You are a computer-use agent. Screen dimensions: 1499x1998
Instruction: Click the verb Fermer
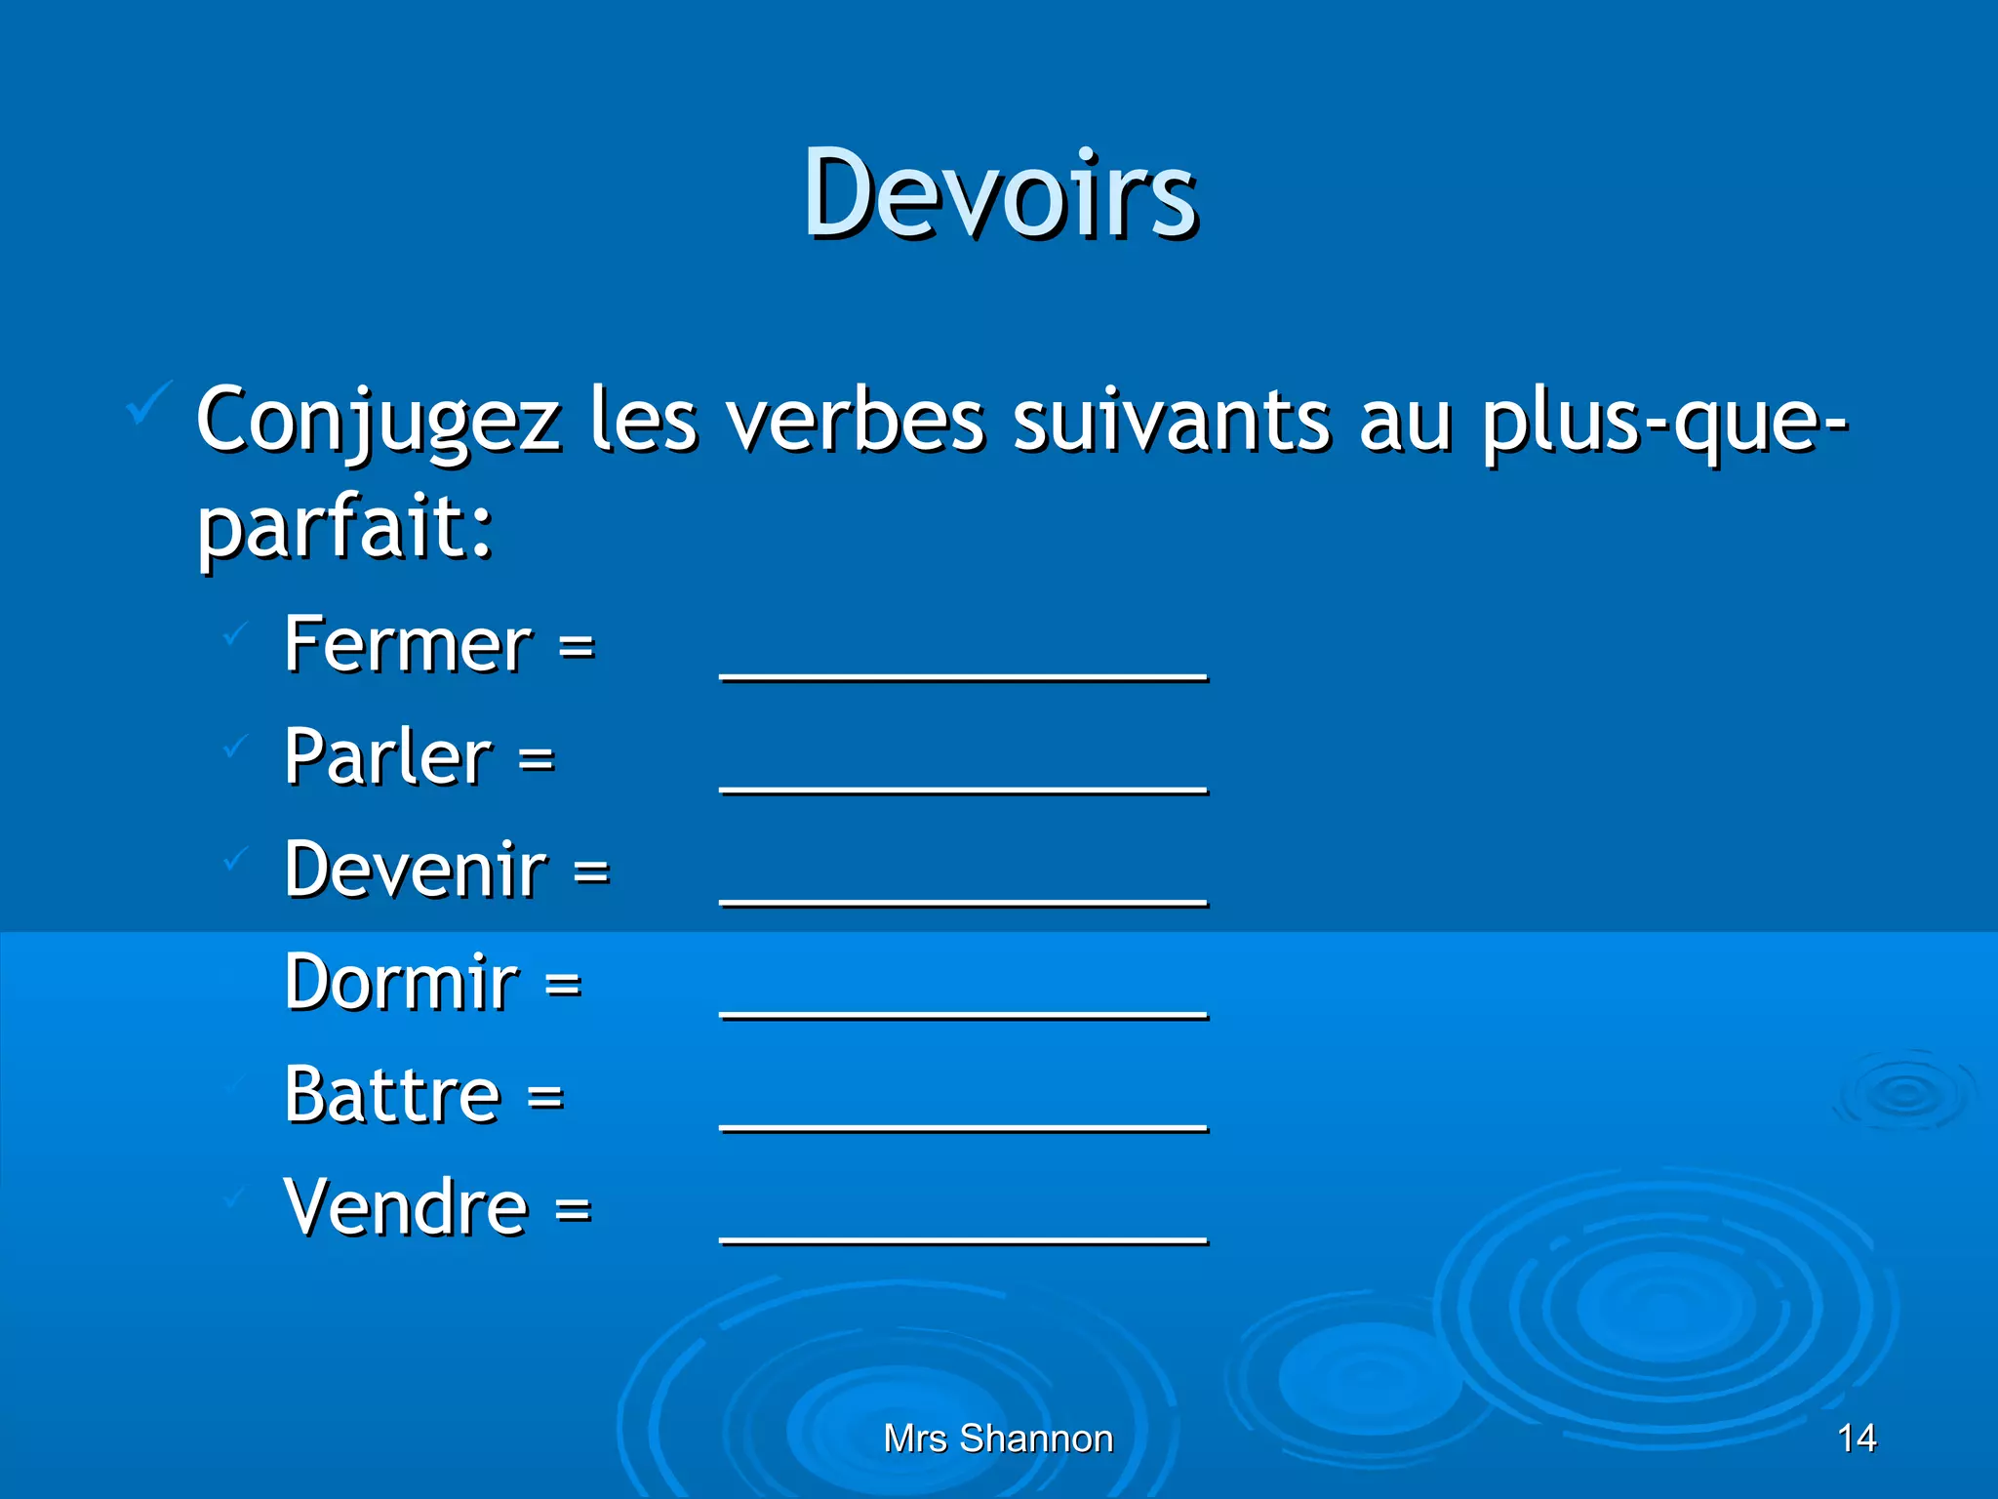pos(408,645)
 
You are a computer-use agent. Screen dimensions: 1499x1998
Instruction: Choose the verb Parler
pos(388,757)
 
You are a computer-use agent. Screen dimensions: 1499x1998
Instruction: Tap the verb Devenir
pos(416,870)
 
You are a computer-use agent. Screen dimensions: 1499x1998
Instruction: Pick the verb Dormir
pos(401,982)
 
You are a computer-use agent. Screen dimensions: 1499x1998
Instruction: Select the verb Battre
pos(392,1095)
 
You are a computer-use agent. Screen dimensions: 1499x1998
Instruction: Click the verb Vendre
pos(406,1207)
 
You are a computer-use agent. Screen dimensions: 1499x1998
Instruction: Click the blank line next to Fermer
pos(963,673)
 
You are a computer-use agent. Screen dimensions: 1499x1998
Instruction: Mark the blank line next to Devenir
pos(963,899)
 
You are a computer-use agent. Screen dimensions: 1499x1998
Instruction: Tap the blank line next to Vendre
pos(963,1236)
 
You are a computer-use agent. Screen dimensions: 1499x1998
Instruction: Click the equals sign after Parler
pos(537,758)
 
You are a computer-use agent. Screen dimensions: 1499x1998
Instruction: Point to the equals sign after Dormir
pos(563,984)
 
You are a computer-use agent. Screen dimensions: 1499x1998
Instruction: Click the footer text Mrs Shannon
pos(998,1438)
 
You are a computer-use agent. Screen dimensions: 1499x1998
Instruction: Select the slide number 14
pos(1857,1438)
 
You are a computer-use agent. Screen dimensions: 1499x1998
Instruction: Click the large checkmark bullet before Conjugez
pos(149,403)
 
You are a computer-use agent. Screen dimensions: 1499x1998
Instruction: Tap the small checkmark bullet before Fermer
pos(235,634)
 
